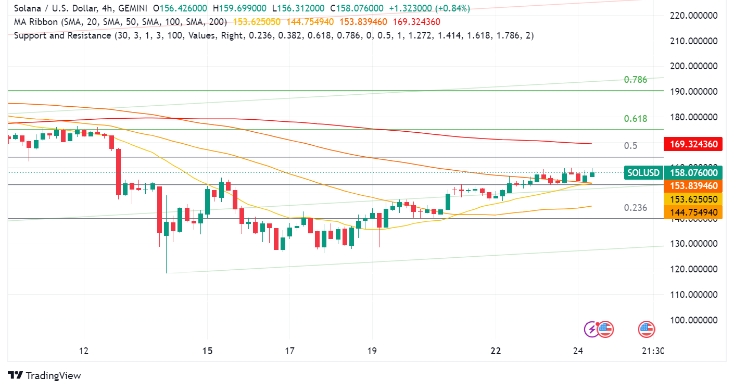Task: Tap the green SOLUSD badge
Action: click(643, 173)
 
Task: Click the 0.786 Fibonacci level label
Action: click(636, 80)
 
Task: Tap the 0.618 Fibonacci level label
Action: click(636, 119)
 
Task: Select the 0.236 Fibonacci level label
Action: click(636, 208)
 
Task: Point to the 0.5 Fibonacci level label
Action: click(630, 145)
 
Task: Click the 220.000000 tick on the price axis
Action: click(694, 16)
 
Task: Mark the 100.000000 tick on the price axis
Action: click(694, 320)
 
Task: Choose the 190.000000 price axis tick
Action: click(694, 92)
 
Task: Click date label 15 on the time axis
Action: click(207, 351)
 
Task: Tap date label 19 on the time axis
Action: click(372, 351)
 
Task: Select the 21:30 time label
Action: click(653, 351)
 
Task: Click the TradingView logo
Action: click(45, 375)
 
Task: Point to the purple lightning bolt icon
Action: click(591, 329)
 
